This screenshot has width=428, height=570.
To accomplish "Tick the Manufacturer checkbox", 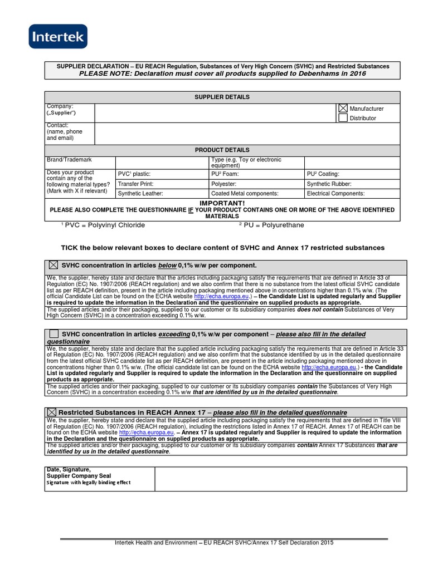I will click(343, 109).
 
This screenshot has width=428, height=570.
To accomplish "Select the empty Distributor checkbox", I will click(343, 118).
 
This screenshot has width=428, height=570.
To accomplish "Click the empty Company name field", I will click(215, 113).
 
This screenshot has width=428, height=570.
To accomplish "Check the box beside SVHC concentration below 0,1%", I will click(53, 266).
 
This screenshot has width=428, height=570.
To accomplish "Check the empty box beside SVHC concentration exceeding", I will click(53, 333).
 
